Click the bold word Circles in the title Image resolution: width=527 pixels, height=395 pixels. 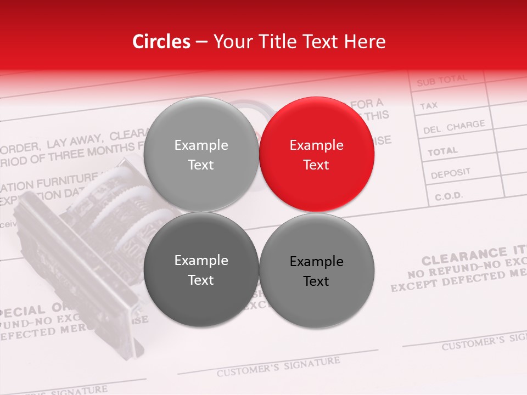click(x=161, y=42)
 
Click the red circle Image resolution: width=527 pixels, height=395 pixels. click(x=316, y=154)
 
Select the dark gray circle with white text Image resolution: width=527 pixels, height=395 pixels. click(x=201, y=269)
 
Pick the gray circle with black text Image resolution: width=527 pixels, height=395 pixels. click(x=316, y=270)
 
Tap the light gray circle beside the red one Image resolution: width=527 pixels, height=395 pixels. click(x=201, y=154)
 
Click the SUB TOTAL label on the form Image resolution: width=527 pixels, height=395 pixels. click(x=441, y=81)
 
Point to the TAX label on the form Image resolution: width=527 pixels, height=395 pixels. click(x=429, y=105)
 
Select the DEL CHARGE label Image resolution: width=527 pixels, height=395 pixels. click(x=454, y=127)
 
